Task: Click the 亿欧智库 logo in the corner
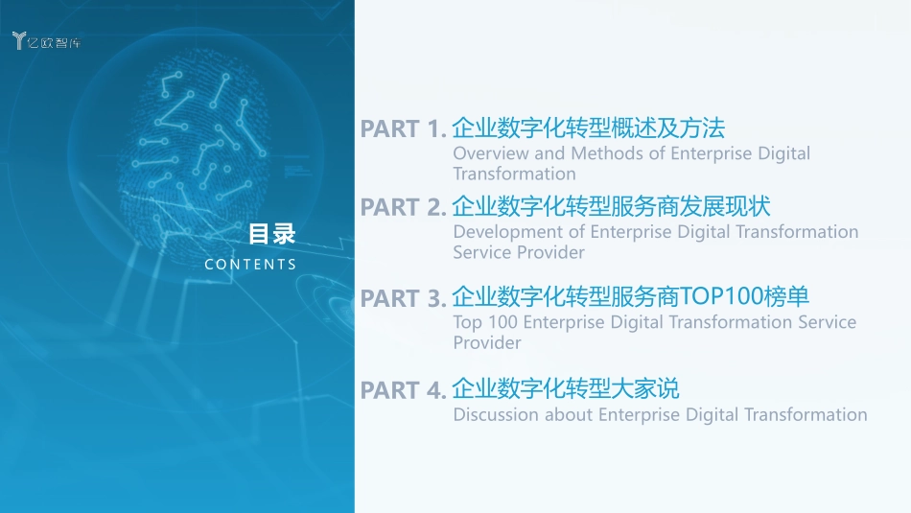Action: coord(46,40)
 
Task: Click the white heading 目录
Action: coord(272,234)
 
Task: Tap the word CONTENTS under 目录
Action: coord(250,264)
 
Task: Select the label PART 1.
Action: coord(403,129)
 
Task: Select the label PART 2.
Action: coord(403,208)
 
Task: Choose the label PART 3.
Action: coord(403,299)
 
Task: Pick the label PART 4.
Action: coord(403,391)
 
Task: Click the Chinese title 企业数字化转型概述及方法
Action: coord(588,128)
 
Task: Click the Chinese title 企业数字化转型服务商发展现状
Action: coord(611,206)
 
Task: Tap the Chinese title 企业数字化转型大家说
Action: coord(566,388)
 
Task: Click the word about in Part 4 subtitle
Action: coord(569,415)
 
